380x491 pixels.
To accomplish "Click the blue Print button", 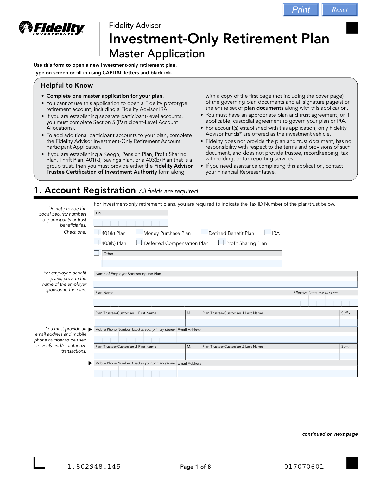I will (301, 10).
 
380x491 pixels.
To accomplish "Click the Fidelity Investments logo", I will (52, 28).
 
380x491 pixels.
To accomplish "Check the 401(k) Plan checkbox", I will (97, 233).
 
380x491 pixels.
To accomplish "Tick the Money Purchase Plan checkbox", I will (138, 233).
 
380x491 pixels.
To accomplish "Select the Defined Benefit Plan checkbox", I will (203, 233).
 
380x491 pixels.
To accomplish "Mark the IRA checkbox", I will (267, 233).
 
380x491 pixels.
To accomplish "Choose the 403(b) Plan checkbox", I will (97, 243).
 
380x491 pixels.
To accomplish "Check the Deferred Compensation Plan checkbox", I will (139, 243).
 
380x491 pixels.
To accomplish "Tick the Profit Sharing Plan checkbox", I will (221, 243).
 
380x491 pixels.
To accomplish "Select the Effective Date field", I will (325, 303).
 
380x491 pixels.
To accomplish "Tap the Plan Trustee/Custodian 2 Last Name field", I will (270, 356).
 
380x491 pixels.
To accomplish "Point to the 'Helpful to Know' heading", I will (67, 85).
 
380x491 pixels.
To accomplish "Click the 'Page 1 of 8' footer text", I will (195, 467).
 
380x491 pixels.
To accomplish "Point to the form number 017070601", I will (304, 467).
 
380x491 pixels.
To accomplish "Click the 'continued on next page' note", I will (330, 434).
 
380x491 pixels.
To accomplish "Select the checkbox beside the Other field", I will (97, 253).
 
